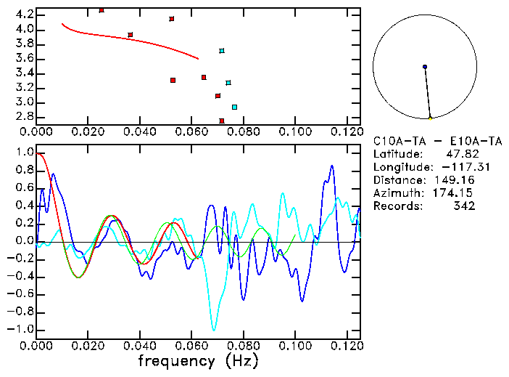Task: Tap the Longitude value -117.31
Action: tap(450, 167)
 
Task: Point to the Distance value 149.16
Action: tap(455, 180)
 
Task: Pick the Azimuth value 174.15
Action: tap(455, 193)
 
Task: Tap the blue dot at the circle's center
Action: tap(425, 67)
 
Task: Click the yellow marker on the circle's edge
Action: tap(430, 118)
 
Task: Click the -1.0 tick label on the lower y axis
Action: tap(20, 329)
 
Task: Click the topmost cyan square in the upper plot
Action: tap(222, 51)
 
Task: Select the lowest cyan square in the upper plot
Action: tap(234, 107)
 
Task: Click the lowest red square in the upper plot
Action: tap(222, 121)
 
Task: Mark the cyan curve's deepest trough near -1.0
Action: tap(213, 330)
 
